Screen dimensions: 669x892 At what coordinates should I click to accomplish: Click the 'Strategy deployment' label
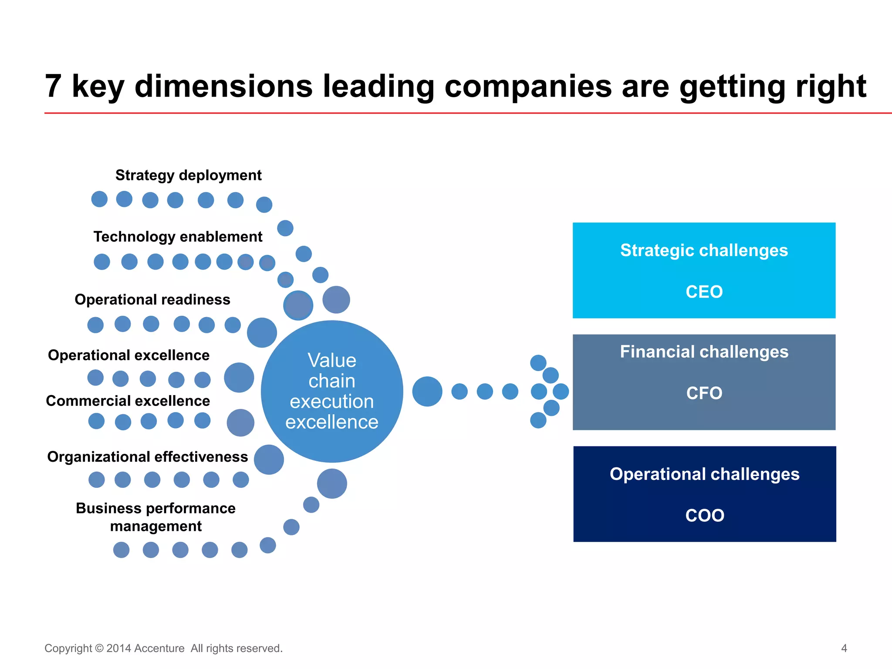(x=188, y=175)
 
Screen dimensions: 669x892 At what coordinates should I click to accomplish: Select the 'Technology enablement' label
(x=178, y=237)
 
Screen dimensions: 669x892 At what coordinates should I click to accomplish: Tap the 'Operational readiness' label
(x=152, y=300)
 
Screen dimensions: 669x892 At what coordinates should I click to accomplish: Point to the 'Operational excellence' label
(x=128, y=355)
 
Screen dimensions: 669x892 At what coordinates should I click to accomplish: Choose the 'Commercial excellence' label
(x=128, y=401)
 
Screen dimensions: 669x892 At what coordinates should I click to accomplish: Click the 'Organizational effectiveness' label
(x=147, y=457)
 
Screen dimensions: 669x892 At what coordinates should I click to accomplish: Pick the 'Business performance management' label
(x=155, y=517)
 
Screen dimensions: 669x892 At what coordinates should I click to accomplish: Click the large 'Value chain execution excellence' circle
(x=332, y=391)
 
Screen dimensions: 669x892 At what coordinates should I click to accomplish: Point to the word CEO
(x=704, y=292)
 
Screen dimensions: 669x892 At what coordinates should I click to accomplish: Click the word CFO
(x=704, y=393)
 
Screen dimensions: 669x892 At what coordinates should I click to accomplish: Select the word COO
(x=704, y=516)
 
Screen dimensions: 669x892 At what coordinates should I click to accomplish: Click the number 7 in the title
(x=53, y=86)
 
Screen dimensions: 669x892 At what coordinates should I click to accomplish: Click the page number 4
(x=844, y=649)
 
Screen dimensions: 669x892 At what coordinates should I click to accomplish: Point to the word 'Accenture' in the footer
(x=159, y=649)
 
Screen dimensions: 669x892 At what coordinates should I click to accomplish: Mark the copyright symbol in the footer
(x=99, y=649)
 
